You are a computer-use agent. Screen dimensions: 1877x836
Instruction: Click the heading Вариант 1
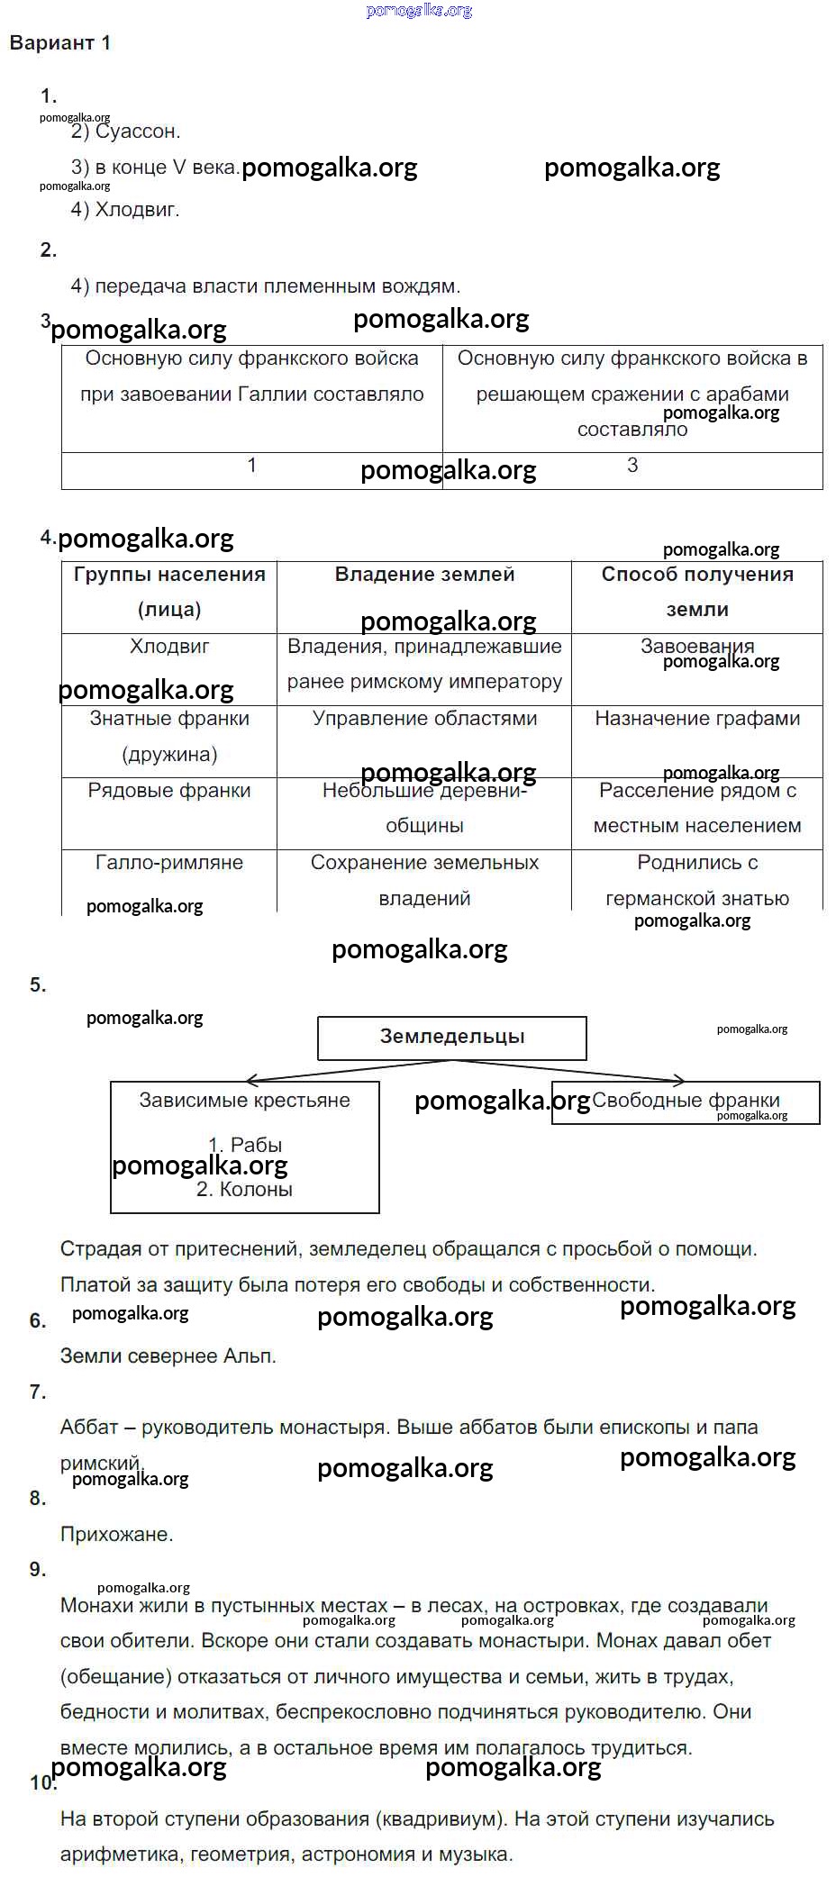click(x=59, y=43)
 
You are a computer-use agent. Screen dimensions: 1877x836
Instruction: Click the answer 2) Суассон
click(x=126, y=131)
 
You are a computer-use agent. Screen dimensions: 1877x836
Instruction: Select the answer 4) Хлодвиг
click(x=125, y=210)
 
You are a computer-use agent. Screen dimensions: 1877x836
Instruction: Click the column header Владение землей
click(x=424, y=575)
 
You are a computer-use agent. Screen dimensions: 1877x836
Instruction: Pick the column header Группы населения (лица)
click(x=169, y=592)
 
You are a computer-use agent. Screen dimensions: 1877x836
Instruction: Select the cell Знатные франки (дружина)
click(x=169, y=737)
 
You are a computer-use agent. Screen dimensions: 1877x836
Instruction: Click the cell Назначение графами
click(x=697, y=719)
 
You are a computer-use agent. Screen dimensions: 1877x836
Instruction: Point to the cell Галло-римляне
click(x=169, y=863)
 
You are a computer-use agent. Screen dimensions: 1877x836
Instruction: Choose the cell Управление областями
click(x=424, y=719)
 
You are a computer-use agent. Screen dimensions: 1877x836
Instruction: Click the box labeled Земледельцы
click(x=452, y=1037)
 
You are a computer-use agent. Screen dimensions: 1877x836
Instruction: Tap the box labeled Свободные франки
click(x=686, y=1101)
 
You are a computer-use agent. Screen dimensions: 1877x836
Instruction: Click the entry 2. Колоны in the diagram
click(x=244, y=1190)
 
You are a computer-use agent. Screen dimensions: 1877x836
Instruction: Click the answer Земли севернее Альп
click(x=168, y=1356)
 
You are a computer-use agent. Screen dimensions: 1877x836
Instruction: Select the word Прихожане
click(x=116, y=1534)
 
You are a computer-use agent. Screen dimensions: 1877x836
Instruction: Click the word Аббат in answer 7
click(x=89, y=1428)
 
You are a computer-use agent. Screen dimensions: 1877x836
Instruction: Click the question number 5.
click(x=38, y=985)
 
